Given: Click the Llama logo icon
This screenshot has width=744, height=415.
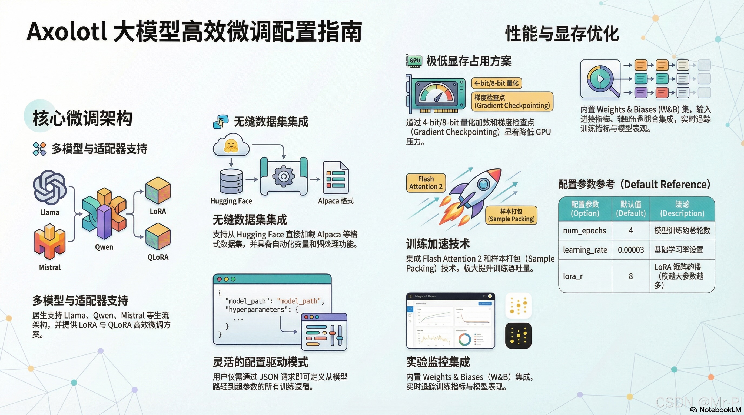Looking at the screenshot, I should point(50,188).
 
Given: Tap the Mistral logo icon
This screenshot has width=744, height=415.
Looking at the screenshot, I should point(50,242).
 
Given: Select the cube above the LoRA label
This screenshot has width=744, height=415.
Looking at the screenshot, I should point(158,191).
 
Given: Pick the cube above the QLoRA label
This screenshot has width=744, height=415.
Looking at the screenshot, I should point(158,236).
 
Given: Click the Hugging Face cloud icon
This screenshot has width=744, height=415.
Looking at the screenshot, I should point(231,145).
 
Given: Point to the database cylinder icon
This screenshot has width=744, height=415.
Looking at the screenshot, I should point(231,181).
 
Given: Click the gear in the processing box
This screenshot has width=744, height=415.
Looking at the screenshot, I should point(284,176).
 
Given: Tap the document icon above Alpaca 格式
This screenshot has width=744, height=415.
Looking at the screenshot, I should point(336,178).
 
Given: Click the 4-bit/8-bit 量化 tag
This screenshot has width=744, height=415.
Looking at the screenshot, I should point(496,83).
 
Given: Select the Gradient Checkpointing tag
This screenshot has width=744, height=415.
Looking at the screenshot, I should point(512,102).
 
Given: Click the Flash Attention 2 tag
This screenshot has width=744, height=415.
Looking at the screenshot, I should point(426,183).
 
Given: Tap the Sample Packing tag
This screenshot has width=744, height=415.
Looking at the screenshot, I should point(511,215).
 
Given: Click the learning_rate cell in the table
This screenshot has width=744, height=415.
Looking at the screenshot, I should point(585,250).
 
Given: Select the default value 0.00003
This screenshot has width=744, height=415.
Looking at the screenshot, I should point(631,250).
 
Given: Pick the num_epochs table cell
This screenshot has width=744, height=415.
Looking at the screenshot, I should point(584,230).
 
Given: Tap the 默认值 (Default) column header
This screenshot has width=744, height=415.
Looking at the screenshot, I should point(631,209).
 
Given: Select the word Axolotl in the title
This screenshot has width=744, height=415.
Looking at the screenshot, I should point(67,32).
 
